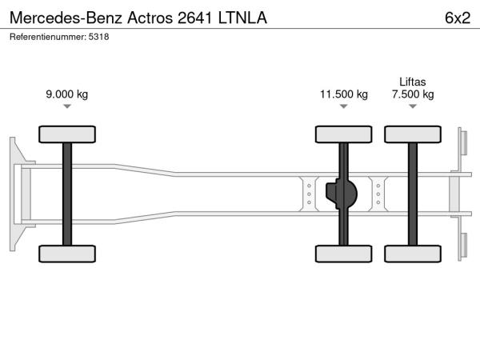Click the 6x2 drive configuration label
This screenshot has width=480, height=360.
[458, 18]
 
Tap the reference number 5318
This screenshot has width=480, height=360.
[98, 37]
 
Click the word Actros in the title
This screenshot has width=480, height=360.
[150, 18]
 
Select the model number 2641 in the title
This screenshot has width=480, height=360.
[194, 18]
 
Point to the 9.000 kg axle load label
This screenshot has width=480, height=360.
[67, 94]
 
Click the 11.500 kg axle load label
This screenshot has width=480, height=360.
[344, 94]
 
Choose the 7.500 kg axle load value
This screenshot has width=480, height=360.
[413, 94]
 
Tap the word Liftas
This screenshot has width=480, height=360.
[413, 82]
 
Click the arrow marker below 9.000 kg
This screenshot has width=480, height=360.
[67, 106]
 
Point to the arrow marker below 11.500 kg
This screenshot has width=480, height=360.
[344, 106]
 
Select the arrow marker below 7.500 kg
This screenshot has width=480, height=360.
[413, 106]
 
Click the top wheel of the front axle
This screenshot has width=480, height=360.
[67, 134]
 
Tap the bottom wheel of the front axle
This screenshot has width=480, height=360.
[67, 254]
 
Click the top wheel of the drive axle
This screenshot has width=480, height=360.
[344, 134]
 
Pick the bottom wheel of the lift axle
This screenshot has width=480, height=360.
[413, 254]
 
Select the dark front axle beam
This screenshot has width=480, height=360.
[67, 194]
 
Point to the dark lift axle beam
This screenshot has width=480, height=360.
[413, 194]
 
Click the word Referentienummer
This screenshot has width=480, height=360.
[48, 37]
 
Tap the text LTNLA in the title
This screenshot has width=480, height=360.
[242, 18]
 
